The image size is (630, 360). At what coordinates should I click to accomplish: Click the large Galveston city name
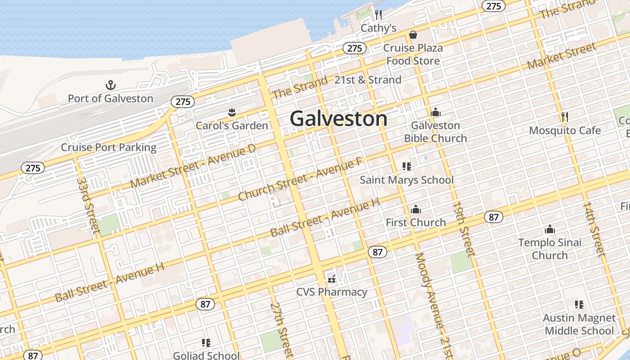(x=338, y=119)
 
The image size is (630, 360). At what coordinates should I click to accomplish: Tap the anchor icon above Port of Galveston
(x=110, y=85)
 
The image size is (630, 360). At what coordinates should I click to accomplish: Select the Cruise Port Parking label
(x=108, y=147)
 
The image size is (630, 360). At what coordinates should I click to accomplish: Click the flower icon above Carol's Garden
(x=232, y=112)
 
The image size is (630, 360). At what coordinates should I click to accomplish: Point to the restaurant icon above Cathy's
(x=378, y=15)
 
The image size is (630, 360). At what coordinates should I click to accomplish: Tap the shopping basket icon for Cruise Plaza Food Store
(x=413, y=35)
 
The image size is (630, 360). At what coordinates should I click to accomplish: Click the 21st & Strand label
(x=368, y=80)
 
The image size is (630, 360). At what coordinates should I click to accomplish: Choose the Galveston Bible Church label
(x=435, y=132)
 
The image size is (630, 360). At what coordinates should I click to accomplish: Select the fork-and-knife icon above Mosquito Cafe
(x=565, y=117)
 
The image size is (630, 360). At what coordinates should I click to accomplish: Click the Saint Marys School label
(x=406, y=180)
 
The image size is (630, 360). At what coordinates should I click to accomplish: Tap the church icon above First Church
(x=416, y=209)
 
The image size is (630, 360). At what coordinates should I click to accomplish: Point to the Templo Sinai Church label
(x=549, y=249)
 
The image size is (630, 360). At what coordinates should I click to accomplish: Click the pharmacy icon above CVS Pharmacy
(x=332, y=279)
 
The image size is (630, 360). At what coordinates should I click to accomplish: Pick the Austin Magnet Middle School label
(x=579, y=324)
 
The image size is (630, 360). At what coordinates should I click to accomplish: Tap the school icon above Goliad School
(x=206, y=343)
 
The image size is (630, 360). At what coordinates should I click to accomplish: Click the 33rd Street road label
(x=88, y=205)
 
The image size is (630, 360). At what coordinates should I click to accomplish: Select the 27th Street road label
(x=281, y=329)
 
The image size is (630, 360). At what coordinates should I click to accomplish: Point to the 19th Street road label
(x=464, y=229)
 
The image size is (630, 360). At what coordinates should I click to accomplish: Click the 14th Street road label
(x=594, y=229)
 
